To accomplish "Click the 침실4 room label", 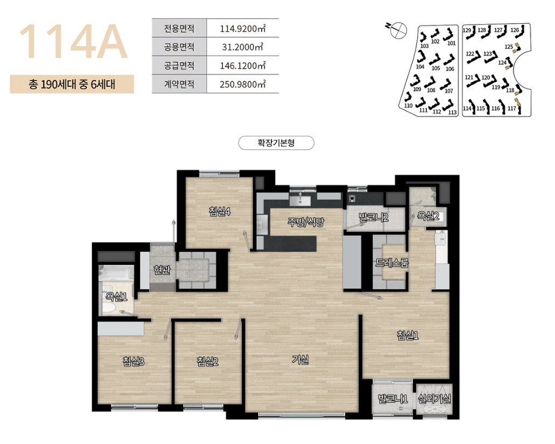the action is [220, 211].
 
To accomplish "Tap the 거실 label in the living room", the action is [300, 360].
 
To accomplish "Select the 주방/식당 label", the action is [306, 222].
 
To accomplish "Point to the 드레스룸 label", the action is [392, 263].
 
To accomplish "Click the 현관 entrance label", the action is [162, 270].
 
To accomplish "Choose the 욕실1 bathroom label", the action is [116, 297].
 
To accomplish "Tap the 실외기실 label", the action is [434, 399].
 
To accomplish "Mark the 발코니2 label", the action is [374, 217].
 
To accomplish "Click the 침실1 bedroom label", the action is [408, 335].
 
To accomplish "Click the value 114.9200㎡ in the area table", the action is [243, 28].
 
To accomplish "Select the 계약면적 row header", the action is [179, 84].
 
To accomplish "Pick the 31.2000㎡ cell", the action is [243, 47].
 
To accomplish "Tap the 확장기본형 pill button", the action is [276, 143].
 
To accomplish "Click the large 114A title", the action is [73, 41].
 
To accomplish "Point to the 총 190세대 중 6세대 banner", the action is [72, 84].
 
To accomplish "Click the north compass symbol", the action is [398, 30].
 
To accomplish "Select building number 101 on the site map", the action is [451, 43].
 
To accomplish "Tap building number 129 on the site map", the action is [467, 30].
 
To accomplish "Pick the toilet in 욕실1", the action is [109, 307].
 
